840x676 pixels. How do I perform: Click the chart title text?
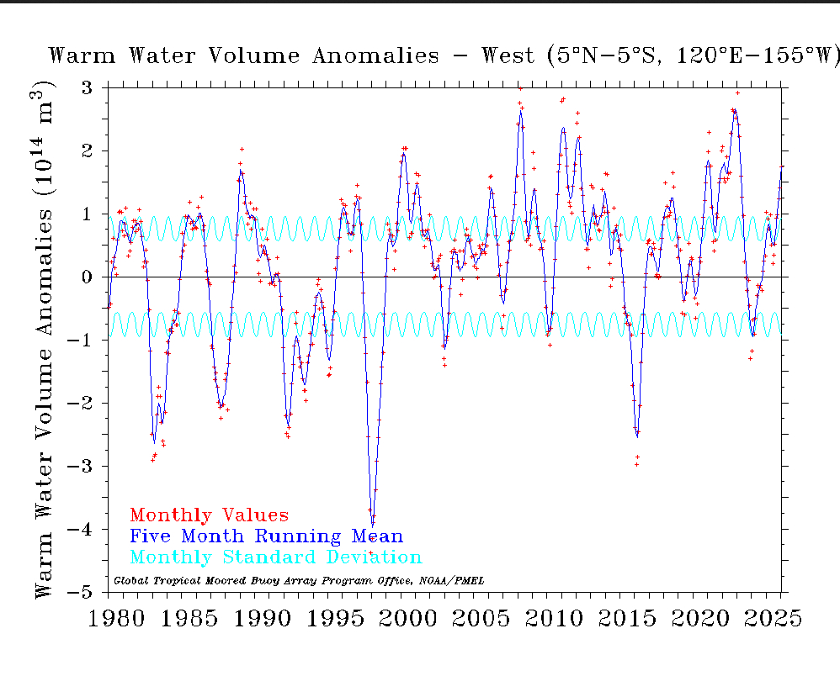[444, 56]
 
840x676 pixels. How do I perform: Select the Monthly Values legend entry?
[209, 515]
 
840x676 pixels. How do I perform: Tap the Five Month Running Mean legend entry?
[266, 536]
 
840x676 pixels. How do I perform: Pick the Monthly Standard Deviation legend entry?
[276, 557]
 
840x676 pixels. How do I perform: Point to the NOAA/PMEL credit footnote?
[299, 580]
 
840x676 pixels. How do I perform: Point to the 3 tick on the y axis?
[88, 88]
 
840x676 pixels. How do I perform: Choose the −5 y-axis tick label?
[82, 593]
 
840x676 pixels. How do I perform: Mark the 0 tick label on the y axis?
[88, 277]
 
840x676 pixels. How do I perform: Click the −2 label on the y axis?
[82, 404]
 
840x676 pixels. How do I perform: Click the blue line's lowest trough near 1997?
[372, 525]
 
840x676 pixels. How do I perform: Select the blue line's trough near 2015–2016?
[636, 436]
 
